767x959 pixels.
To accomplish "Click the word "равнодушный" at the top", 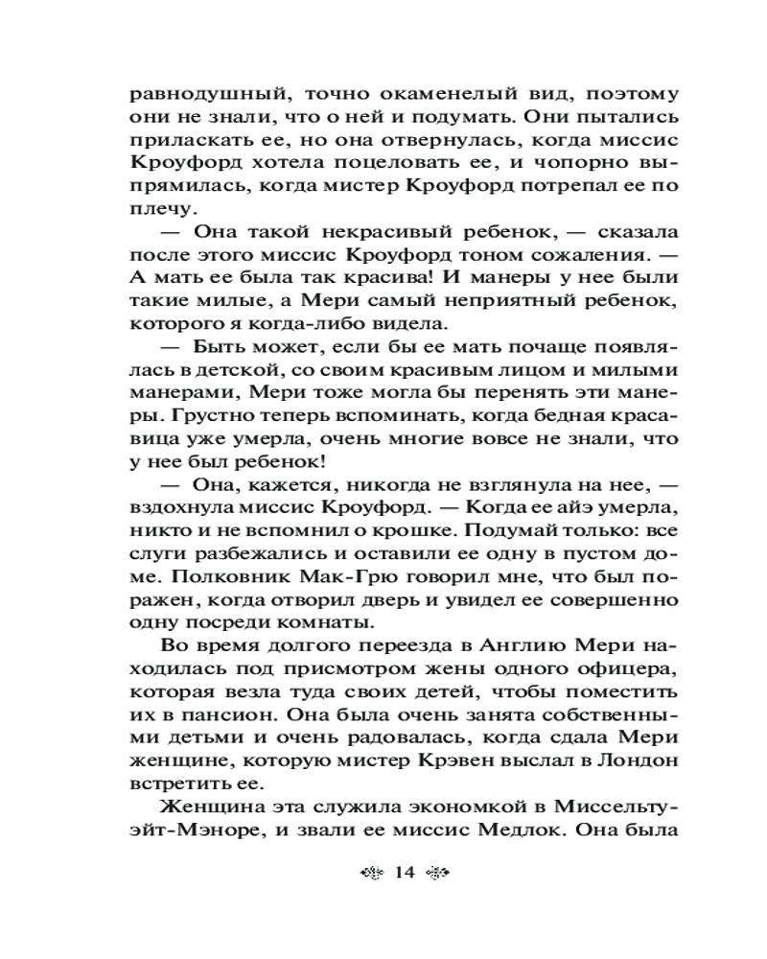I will click(195, 96).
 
